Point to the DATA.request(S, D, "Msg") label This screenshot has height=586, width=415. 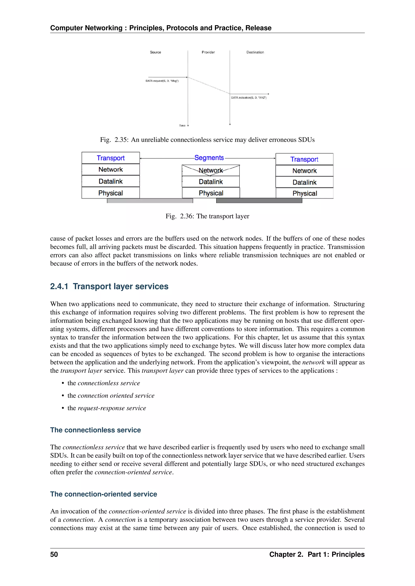pyautogui.click(x=162, y=81)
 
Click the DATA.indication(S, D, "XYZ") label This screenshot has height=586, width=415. pyautogui.click(x=249, y=98)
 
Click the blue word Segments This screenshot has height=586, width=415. pyautogui.click(x=209, y=158)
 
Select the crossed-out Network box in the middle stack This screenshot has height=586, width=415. pyautogui.click(x=211, y=170)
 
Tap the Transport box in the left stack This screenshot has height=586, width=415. pyautogui.click(x=110, y=158)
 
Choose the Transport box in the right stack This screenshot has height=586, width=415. pyautogui.click(x=304, y=159)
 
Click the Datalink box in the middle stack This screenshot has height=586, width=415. pyautogui.click(x=211, y=182)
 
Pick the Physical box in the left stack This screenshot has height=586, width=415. pyautogui.click(x=110, y=193)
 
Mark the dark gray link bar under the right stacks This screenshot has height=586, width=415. pyautogui.click(x=259, y=201)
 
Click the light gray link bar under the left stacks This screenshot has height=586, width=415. pyautogui.click(x=150, y=201)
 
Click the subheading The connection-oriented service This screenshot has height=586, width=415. pyautogui.click(x=104, y=494)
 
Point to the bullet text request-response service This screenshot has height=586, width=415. pyautogui.click(x=112, y=408)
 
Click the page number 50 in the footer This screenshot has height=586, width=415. pyautogui.click(x=54, y=554)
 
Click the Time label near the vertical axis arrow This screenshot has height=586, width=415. pyautogui.click(x=182, y=126)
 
